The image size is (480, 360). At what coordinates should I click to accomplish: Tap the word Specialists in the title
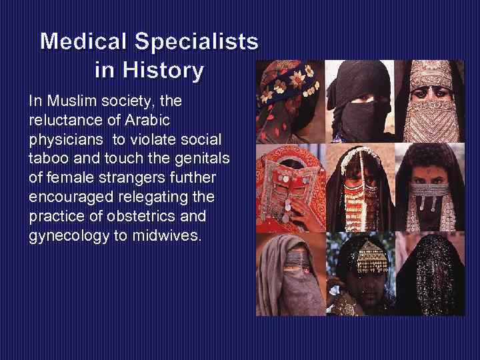[x=197, y=42]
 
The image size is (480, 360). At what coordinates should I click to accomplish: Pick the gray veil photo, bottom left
[x=291, y=273]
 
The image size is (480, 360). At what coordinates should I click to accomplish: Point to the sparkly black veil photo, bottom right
[x=429, y=273]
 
